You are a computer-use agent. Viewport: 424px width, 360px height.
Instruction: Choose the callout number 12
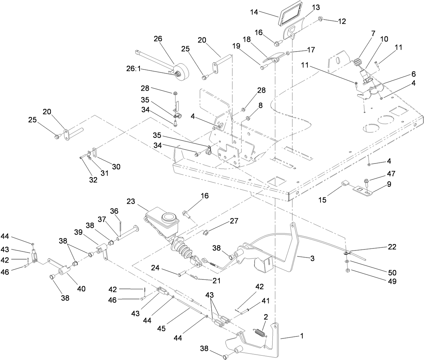pos(342,21)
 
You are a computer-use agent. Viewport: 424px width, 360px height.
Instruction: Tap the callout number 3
pos(312,259)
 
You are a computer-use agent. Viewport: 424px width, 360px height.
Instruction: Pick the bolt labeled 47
pos(367,182)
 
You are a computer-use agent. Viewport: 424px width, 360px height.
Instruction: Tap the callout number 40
pos(81,289)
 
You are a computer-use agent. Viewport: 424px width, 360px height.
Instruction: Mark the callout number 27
pos(234,221)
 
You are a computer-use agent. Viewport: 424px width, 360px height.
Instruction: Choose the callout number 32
pos(93,180)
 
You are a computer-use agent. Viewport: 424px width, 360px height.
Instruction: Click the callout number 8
pos(260,105)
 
